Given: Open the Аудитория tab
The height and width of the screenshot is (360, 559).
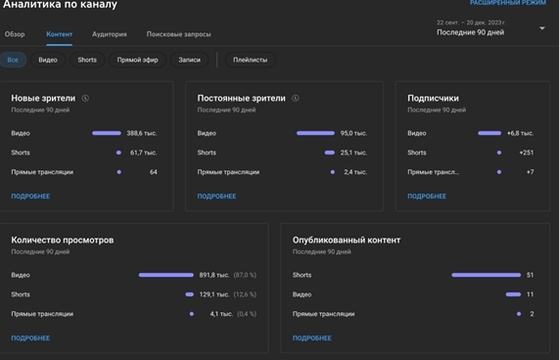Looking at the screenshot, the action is (109, 34).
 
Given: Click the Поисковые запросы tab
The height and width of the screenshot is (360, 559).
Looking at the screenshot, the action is (178, 34).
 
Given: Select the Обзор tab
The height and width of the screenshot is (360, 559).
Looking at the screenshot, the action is (15, 34).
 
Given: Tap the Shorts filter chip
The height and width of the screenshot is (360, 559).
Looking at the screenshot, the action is (87, 60).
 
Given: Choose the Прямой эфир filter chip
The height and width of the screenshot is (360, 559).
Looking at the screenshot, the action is (137, 60).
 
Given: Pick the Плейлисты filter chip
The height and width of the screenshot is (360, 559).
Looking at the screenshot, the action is (250, 60).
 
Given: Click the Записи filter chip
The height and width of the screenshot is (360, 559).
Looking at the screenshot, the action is (189, 60).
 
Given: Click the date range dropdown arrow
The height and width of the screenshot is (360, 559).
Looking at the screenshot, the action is (542, 28).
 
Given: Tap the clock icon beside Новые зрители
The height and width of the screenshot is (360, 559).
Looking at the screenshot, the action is (85, 98).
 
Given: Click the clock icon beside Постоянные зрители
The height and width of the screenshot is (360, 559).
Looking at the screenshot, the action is (296, 98).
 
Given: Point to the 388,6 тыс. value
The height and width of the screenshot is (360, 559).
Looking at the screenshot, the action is (142, 133).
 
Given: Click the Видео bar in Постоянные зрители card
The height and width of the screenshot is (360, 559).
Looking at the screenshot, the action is (315, 133).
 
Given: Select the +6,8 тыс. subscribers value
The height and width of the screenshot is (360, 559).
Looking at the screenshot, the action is (520, 133).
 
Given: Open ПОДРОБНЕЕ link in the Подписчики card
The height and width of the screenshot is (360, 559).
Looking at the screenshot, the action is (427, 197).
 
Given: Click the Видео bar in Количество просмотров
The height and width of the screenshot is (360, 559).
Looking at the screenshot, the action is (166, 275).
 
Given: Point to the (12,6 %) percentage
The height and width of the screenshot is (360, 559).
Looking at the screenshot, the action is (245, 294).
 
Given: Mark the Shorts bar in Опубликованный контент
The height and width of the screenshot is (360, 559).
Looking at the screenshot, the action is (486, 275).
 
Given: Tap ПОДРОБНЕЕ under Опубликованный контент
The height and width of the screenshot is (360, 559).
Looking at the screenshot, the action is (312, 337).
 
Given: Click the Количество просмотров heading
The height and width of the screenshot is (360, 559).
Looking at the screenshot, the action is (63, 240).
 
